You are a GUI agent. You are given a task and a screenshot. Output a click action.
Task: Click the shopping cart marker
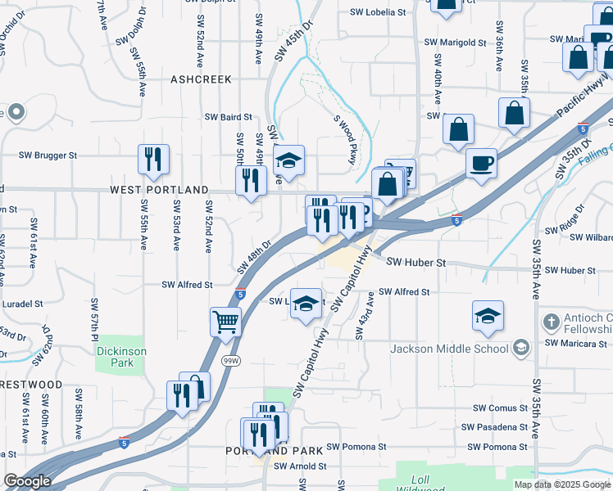point(225,321)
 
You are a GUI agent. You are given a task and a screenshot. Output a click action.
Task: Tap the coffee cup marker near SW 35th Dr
point(481,162)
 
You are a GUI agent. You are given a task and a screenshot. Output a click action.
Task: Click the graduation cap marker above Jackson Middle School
point(488,316)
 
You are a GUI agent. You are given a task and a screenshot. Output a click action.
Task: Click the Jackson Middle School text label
point(449,349)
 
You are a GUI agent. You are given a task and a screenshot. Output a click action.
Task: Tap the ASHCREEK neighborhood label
point(201,79)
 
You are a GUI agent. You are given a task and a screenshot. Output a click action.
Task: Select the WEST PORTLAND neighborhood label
point(159,190)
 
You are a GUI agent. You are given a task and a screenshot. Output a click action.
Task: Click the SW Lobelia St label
point(378,12)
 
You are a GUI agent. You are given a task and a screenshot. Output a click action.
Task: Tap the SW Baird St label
point(229,117)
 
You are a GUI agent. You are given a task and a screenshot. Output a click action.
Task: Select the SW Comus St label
point(499,408)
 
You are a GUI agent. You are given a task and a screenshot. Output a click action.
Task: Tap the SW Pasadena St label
point(493,427)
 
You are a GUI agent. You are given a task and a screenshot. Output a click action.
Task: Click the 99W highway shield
point(234,361)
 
